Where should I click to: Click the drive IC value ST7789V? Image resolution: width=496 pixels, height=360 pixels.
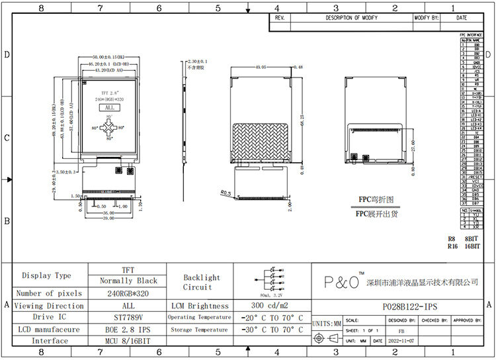(x=128, y=317)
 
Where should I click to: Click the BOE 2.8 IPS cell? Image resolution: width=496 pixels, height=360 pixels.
(x=128, y=329)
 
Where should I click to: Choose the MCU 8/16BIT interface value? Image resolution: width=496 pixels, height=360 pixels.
(x=128, y=341)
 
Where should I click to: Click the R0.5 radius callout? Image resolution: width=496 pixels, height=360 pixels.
(x=226, y=193)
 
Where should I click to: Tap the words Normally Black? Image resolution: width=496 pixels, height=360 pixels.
(x=128, y=281)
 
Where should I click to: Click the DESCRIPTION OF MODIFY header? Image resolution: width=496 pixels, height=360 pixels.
(x=351, y=18)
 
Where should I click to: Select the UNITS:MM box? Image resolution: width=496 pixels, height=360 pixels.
(x=325, y=324)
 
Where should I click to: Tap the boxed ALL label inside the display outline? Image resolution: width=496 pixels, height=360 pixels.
(x=109, y=107)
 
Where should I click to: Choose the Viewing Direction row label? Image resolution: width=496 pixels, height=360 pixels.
(x=49, y=306)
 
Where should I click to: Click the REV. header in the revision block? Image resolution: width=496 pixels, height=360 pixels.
(x=279, y=18)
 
